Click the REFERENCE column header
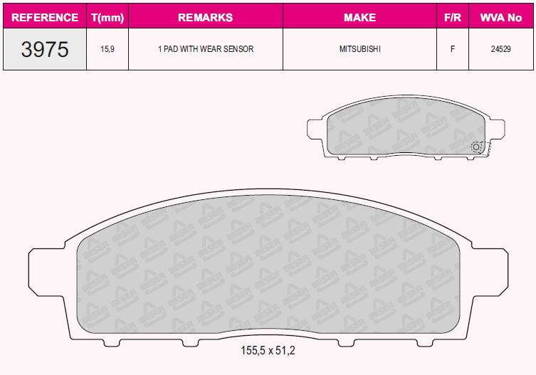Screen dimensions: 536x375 click(x=45, y=18)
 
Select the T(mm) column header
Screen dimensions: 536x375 click(x=107, y=18)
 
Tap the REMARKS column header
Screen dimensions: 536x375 click(x=206, y=18)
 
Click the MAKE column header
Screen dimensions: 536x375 click(x=359, y=18)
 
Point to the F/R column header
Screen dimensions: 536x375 click(x=453, y=18)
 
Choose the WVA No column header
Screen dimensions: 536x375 click(x=501, y=18)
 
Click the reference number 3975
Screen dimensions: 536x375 click(x=45, y=49)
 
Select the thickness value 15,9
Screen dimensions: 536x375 click(x=107, y=49)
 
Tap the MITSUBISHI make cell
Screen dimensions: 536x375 click(x=359, y=49)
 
